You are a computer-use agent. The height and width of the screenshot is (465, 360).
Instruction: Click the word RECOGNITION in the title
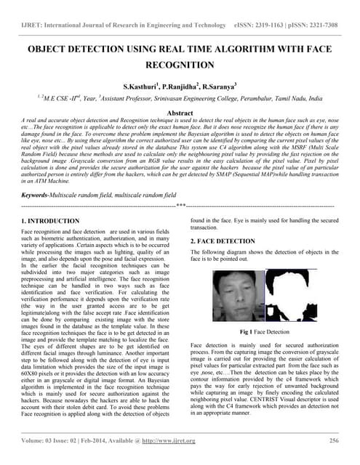(180, 65)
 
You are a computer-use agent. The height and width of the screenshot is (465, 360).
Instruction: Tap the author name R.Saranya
(222, 86)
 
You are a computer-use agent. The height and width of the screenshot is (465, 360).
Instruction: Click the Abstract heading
(180, 113)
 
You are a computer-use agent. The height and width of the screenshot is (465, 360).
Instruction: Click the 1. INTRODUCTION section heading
(51, 220)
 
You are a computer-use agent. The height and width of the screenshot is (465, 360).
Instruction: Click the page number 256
(334, 440)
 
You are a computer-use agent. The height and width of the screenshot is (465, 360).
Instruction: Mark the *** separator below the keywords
(180, 206)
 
